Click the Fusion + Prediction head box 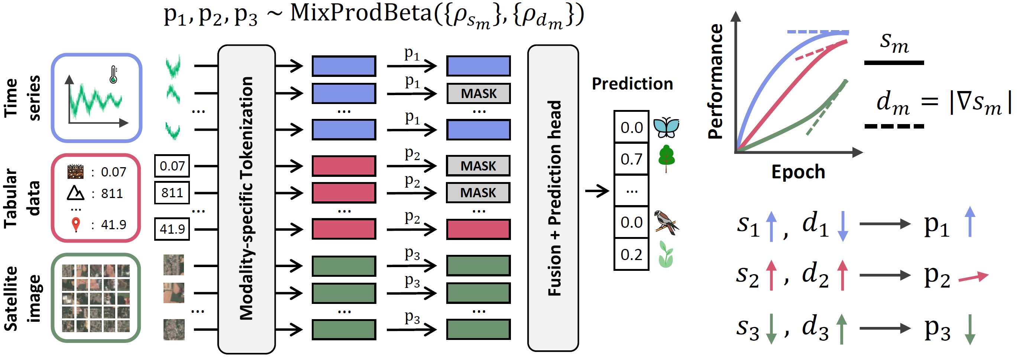point(553,198)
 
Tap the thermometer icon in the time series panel point(114,74)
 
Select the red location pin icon point(76,224)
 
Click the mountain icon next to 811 point(75,193)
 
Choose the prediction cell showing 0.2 point(631,254)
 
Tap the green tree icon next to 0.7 point(666,158)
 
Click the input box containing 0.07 point(172,166)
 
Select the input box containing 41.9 point(172,229)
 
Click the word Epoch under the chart point(798,172)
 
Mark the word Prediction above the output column point(632,84)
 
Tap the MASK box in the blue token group point(478,94)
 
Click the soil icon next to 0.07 point(75,171)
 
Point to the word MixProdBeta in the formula point(360,13)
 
